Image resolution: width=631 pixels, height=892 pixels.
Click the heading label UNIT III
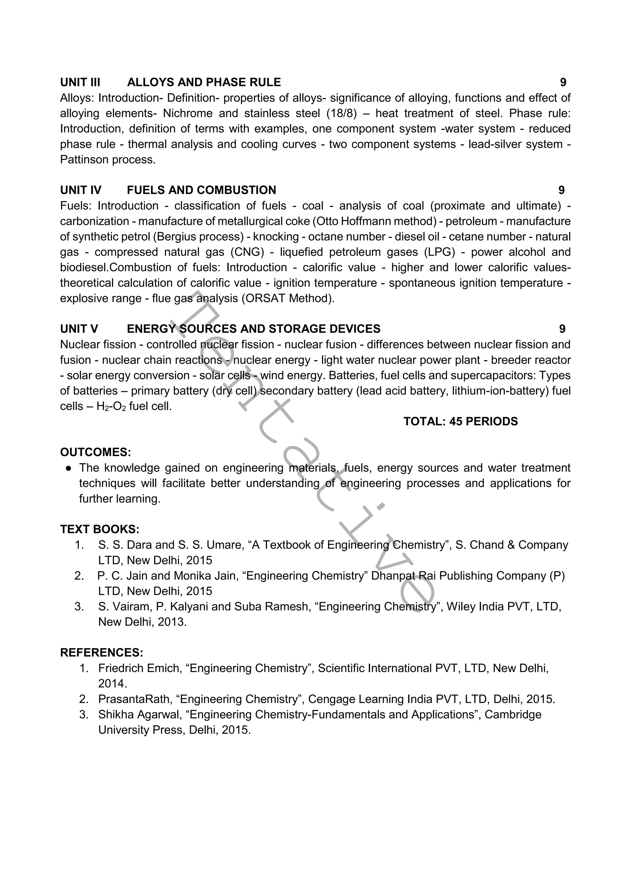pyautogui.click(x=80, y=82)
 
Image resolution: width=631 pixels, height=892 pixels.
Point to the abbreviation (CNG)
pyautogui.click(x=247, y=252)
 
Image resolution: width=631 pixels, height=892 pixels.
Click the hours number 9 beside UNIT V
pyautogui.click(x=562, y=329)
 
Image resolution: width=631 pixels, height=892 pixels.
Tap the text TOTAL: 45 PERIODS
pyautogui.click(x=460, y=422)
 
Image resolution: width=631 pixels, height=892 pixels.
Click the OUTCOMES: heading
pyautogui.click(x=96, y=452)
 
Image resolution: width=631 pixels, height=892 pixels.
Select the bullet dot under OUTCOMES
pyautogui.click(x=68, y=468)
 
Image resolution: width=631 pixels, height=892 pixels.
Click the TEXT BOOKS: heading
pyautogui.click(x=100, y=529)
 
